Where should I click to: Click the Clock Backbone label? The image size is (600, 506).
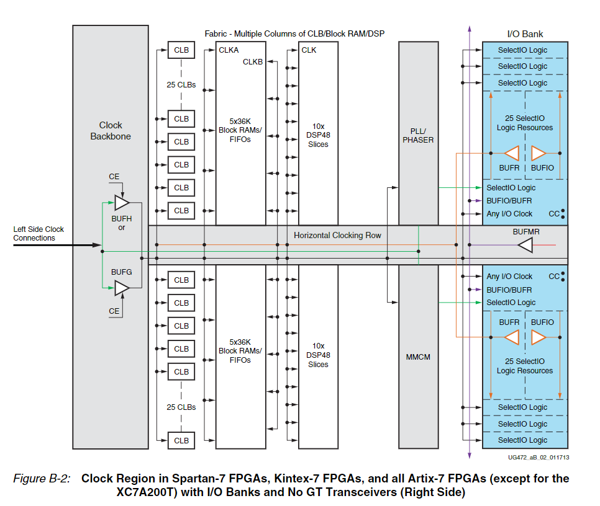[x=111, y=131]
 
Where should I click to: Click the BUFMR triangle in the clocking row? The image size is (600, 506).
[x=525, y=246]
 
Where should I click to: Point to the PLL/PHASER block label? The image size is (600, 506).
[x=418, y=135]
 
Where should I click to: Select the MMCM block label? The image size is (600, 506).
[x=418, y=357]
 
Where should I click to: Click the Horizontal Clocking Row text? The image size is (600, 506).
[x=337, y=236]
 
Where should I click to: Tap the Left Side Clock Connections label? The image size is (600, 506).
[x=39, y=234]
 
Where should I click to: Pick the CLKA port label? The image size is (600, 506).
[x=229, y=50]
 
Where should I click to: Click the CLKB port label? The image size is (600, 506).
[x=253, y=61]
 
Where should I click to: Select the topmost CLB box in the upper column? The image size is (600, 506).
[x=181, y=50]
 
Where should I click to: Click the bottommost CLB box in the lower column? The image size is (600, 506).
[x=181, y=440]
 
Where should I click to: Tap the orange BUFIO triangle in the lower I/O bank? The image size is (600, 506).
[x=539, y=337]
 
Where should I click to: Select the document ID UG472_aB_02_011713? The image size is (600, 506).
[x=537, y=457]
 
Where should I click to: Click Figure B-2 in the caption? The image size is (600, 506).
[x=42, y=479]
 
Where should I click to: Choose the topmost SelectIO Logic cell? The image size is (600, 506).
[x=522, y=50]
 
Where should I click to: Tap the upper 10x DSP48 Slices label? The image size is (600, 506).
[x=318, y=135]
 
